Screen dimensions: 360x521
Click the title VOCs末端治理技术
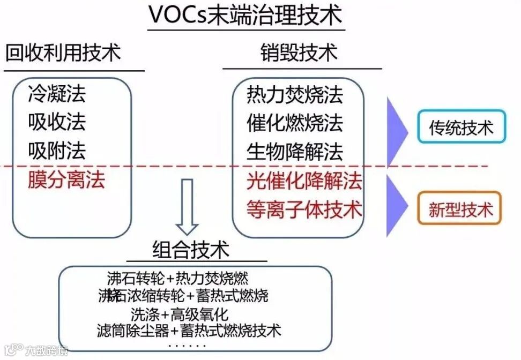click(245, 16)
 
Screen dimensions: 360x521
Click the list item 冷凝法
click(57, 95)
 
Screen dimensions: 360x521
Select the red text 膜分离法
click(66, 180)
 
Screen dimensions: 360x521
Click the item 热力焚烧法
click(294, 95)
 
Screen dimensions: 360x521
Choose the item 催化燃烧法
click(294, 123)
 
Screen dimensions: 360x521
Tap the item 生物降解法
click(294, 152)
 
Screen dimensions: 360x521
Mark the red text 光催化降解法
click(304, 181)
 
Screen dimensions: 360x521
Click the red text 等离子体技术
click(304, 209)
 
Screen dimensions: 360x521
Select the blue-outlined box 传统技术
click(461, 127)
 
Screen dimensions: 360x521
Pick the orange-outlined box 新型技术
click(461, 208)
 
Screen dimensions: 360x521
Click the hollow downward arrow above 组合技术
click(187, 207)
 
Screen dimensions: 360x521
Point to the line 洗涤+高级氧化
click(180, 313)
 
